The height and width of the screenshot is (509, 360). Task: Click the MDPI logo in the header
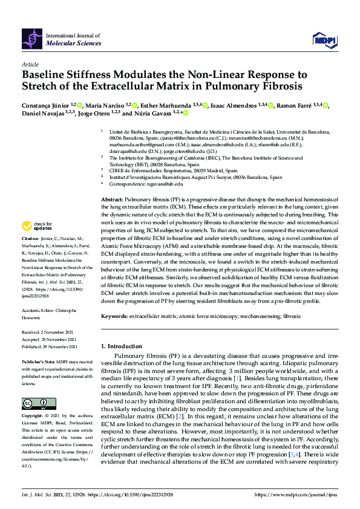point(324,40)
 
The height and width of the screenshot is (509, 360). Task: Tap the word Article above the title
point(30,63)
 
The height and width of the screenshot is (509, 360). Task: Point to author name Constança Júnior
point(45,105)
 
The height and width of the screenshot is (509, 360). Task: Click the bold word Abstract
point(111,199)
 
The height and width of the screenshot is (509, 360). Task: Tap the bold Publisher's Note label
point(38,361)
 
